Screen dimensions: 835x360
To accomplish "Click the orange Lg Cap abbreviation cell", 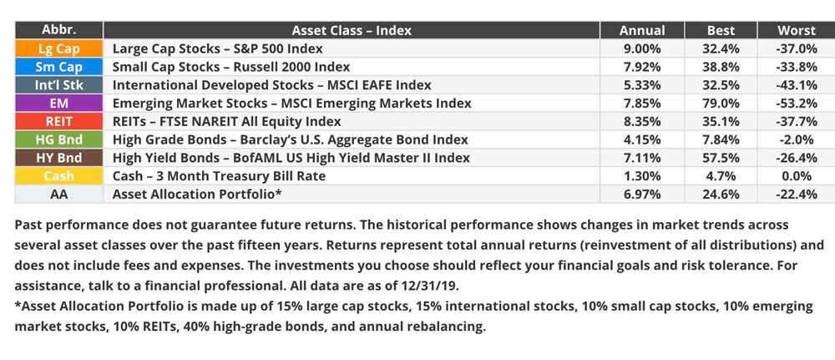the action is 58,49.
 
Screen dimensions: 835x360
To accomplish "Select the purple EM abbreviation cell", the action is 58,104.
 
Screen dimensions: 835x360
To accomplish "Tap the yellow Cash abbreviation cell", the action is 58,176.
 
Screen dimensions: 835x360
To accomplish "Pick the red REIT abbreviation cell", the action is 58,121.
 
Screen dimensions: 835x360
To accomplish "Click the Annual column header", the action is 641,31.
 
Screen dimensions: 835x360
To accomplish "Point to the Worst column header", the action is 796,31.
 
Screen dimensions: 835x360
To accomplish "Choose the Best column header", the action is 721,31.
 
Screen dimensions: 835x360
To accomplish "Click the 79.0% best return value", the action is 721,104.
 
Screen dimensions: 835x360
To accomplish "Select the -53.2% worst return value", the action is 797,104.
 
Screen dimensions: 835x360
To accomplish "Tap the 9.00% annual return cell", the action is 642,49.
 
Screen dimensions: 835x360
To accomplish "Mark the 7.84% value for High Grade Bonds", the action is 721,140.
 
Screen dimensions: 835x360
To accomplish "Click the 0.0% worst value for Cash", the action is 797,176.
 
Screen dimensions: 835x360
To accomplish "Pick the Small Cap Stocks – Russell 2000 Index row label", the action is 231,67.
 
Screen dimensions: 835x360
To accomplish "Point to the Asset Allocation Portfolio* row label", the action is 197,195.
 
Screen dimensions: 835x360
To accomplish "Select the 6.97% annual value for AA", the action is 642,195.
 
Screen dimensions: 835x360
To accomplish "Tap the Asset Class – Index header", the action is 352,31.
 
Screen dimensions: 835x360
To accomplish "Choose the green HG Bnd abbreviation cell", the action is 58,140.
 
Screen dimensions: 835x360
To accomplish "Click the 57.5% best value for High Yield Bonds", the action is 721,158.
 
